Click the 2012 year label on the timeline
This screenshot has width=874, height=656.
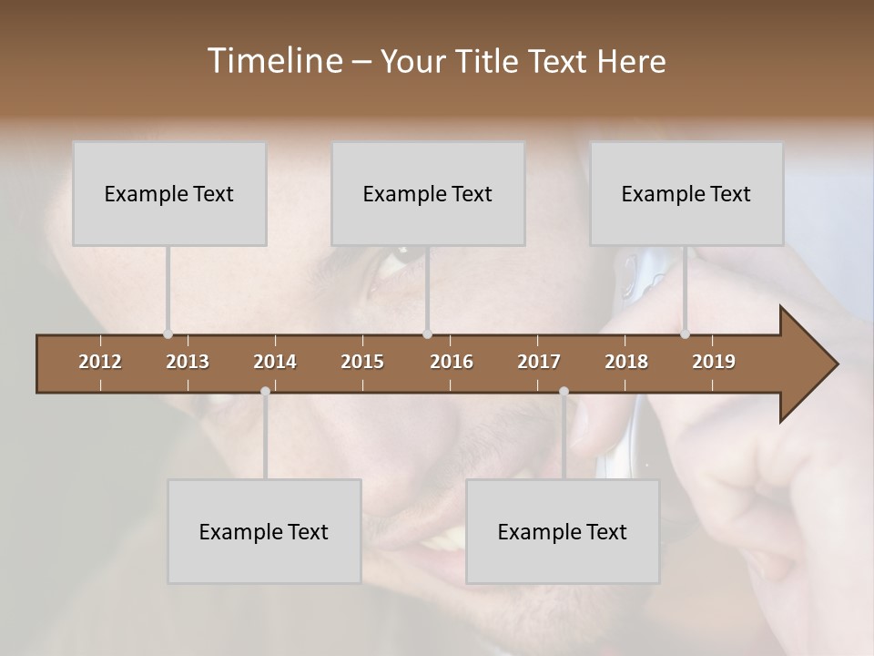coord(100,362)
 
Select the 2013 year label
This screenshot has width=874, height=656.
coord(188,362)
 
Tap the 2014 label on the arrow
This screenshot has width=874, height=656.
coord(275,362)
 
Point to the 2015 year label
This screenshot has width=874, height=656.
coord(362,362)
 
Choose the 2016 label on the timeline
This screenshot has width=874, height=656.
coord(452,362)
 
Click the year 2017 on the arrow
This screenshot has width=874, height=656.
coord(539,362)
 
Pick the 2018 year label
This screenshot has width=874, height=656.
coord(626,362)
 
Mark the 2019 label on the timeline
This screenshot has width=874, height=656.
coord(714,362)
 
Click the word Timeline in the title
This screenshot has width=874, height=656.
coord(274,61)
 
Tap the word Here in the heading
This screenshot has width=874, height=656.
coord(631,61)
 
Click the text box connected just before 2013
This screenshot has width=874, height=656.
coord(169,193)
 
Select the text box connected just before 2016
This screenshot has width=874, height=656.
coord(428,193)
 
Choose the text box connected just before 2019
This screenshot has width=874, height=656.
coord(686,193)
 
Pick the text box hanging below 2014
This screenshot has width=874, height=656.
coord(264,531)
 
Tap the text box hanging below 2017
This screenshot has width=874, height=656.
coord(563,531)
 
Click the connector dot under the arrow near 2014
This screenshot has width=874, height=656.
coord(265,392)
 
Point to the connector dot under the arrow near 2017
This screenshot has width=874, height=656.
coord(564,392)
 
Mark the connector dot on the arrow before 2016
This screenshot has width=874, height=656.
coord(428,334)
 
